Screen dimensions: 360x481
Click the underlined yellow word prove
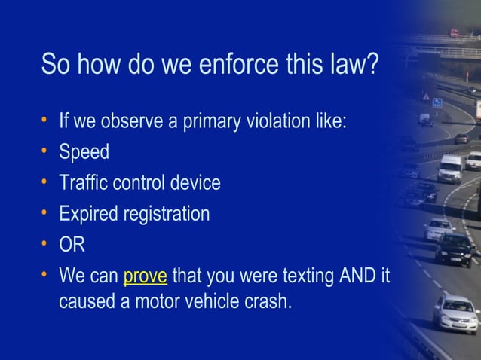145,276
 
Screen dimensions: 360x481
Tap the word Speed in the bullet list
84,152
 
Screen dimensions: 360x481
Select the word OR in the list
72,246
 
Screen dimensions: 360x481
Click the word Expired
87,215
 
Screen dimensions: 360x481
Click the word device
195,183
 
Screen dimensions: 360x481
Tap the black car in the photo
454,249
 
